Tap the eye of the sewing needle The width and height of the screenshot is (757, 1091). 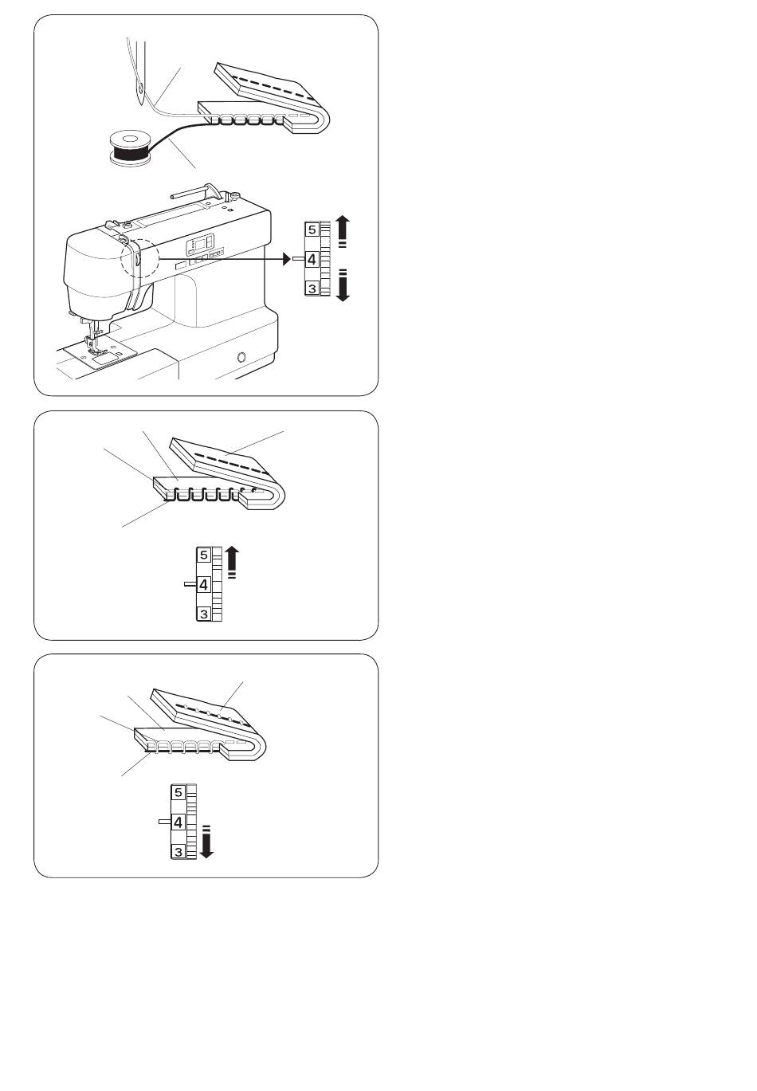coord(141,90)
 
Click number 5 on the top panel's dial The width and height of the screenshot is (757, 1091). coord(312,230)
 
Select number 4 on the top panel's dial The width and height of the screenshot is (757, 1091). coord(312,259)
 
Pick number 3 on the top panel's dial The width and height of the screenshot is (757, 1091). coord(312,288)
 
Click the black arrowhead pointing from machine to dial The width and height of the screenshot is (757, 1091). coord(287,259)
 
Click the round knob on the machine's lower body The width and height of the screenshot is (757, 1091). coord(241,358)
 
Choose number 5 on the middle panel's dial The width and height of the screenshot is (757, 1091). coord(204,555)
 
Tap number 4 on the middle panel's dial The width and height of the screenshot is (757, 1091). coord(204,584)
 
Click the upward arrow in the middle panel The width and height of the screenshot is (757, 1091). coord(233,562)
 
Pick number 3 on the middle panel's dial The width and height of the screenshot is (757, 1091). coord(204,614)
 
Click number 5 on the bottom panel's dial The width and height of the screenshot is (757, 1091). coord(178,792)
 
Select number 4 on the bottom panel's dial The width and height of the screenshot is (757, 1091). coord(178,822)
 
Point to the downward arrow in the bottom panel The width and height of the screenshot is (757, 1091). coord(206,842)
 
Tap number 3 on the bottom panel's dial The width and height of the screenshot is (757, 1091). coord(178,851)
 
